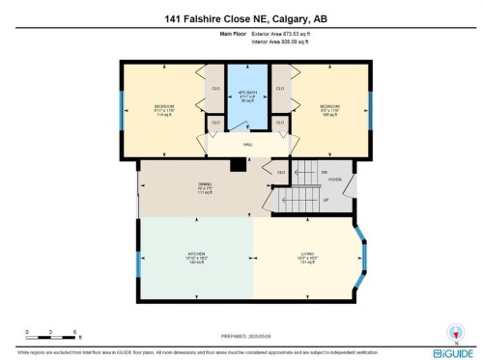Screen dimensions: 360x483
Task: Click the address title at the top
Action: pyautogui.click(x=241, y=15)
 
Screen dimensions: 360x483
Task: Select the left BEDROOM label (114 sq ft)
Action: pyautogui.click(x=163, y=109)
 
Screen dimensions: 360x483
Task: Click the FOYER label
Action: pyautogui.click(x=335, y=180)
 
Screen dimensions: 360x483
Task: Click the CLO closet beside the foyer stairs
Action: pyautogui.click(x=281, y=173)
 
